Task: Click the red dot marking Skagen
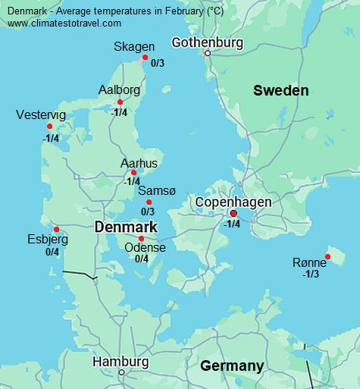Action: click(145, 57)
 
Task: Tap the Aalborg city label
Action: click(119, 90)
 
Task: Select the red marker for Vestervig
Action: click(50, 127)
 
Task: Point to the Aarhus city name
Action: click(139, 163)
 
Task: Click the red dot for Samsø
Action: click(149, 202)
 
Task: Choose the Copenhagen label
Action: click(233, 202)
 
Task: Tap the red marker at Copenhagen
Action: click(233, 213)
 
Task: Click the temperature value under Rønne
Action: click(311, 274)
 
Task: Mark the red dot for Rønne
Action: click(328, 256)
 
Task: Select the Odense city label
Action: click(144, 247)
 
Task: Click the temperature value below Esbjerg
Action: click(52, 252)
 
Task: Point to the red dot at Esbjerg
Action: click(56, 229)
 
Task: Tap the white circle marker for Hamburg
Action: click(121, 372)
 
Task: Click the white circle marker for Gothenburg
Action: click(207, 53)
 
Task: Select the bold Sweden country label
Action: click(280, 91)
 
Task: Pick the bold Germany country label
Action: click(232, 366)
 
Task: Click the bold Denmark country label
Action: click(125, 227)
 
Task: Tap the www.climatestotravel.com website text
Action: click(64, 24)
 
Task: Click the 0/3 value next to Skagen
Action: click(157, 64)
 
